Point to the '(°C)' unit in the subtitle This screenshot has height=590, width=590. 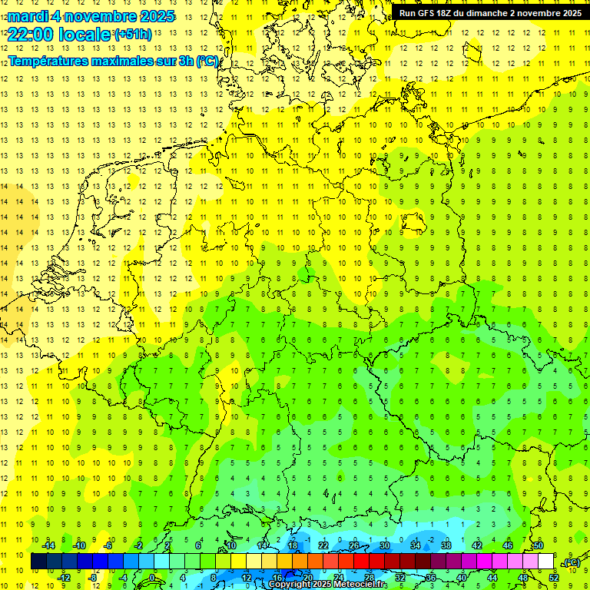pos(207,61)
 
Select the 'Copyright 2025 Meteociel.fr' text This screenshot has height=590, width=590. pos(328,585)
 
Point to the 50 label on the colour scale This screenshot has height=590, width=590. pos(538,545)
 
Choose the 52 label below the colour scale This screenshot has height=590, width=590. pos(553,577)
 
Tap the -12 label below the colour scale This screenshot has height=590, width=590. pos(64,577)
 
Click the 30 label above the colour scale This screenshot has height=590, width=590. pos(384,545)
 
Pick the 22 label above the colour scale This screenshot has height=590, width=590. pos(323,545)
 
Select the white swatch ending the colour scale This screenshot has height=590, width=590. pos(545,561)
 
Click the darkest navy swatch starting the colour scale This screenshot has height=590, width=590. pos(38,561)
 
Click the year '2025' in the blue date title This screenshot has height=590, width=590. pos(153,16)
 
